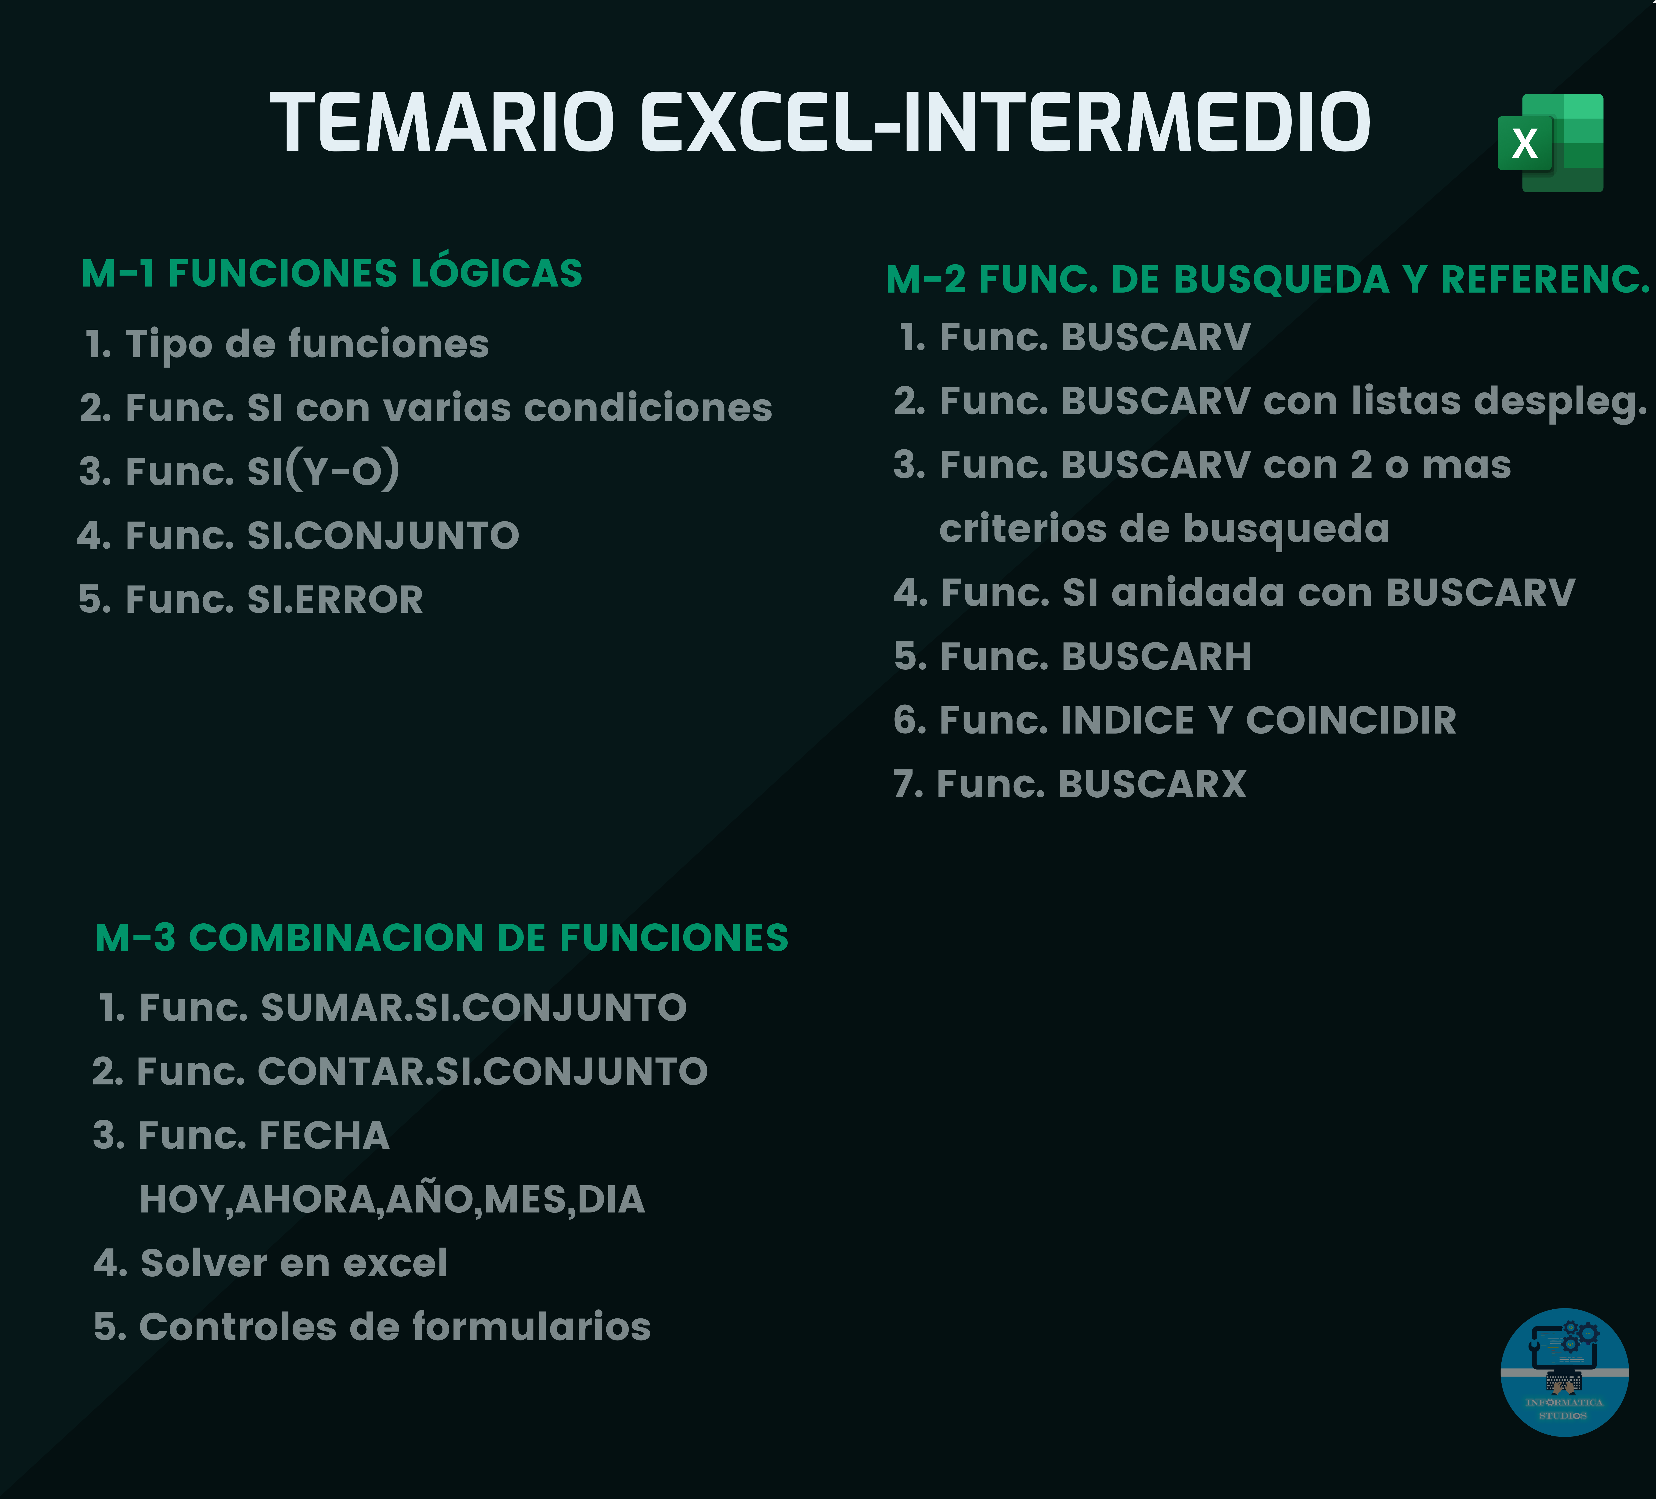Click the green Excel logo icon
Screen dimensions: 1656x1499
click(x=1550, y=143)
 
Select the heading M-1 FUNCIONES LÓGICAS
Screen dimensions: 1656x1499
click(x=332, y=274)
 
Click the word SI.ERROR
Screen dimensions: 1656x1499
click(x=335, y=600)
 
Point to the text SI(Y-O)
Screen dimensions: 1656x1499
click(x=324, y=470)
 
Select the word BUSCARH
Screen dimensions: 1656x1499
click(x=1157, y=657)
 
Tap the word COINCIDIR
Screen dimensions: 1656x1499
click(x=1351, y=721)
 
